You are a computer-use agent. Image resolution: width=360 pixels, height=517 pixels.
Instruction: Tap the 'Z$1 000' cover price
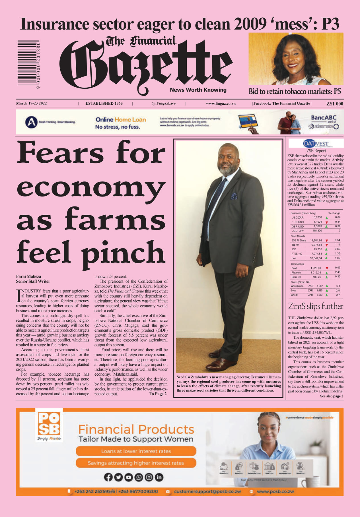[335, 104]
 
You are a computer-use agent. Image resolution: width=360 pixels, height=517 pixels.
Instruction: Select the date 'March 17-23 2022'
[31, 103]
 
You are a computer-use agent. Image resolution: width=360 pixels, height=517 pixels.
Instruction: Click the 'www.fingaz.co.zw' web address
[221, 104]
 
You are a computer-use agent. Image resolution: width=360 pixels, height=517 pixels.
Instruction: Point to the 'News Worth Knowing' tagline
[198, 90]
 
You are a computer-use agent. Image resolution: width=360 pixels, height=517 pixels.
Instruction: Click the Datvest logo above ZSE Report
[316, 143]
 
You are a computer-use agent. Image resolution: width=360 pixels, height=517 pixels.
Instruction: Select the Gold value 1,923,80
[316, 268]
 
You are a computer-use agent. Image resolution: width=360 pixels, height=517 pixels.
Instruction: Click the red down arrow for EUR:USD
[327, 222]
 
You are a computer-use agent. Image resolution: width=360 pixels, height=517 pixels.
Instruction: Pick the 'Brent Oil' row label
[296, 277]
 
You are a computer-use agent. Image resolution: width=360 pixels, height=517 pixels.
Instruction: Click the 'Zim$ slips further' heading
[316, 306]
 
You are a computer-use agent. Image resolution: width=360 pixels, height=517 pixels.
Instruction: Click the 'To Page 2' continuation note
[158, 394]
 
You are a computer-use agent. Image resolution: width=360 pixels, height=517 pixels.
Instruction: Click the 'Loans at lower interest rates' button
[136, 451]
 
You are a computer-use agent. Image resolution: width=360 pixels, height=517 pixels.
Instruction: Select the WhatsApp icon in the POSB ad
[139, 477]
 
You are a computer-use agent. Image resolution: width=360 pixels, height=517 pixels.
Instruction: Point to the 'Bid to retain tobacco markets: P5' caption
[295, 92]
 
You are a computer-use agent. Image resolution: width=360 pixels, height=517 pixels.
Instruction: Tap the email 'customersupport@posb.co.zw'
[207, 491]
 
